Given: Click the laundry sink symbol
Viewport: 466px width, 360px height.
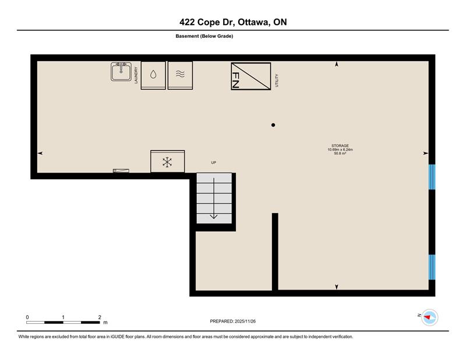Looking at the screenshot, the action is [x=121, y=71].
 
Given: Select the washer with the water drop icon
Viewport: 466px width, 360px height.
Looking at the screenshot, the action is [x=153, y=75].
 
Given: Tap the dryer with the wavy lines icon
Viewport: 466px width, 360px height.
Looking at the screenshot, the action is [x=180, y=75].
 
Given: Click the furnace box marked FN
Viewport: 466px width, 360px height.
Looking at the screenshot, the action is [x=251, y=76].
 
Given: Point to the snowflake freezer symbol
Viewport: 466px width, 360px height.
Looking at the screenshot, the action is [x=167, y=161].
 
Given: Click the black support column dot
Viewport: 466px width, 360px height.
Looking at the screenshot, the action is [x=273, y=125].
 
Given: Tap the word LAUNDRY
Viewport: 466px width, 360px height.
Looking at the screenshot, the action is [x=136, y=75].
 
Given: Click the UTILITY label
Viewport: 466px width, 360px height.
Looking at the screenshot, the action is [x=277, y=80].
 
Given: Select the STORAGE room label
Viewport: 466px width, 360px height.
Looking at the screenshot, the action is [x=340, y=146].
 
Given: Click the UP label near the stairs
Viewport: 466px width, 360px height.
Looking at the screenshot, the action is [x=213, y=163].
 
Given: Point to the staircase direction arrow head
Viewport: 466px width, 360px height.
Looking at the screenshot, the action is [x=214, y=217].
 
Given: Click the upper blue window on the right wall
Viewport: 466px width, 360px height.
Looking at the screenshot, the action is [x=432, y=177].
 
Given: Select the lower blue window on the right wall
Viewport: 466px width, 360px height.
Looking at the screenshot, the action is [x=432, y=267].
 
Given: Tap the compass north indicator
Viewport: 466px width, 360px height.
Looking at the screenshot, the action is [x=427, y=317].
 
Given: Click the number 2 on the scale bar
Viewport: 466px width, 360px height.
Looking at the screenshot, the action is [x=100, y=317].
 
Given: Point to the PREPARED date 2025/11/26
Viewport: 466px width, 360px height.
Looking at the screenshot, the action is [x=245, y=321].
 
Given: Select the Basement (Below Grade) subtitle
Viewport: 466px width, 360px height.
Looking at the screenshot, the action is [x=204, y=36].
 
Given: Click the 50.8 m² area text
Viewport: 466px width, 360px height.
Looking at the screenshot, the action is [x=340, y=153].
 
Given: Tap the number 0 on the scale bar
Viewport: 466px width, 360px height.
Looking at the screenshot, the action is [x=27, y=317].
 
